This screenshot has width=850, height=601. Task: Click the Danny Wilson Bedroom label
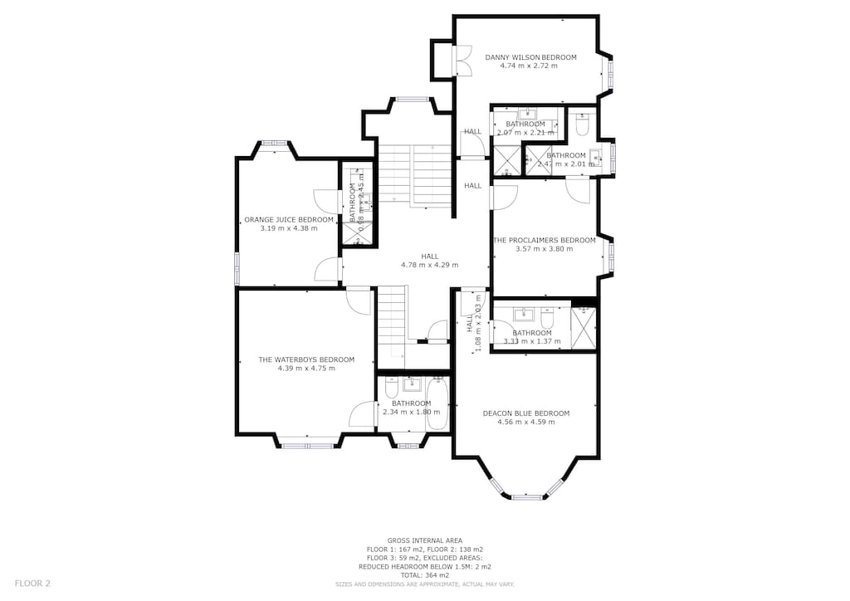(530, 57)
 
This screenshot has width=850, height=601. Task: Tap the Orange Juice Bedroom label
(289, 220)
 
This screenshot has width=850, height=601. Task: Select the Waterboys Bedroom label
(306, 359)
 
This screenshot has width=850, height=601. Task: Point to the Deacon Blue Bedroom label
(526, 413)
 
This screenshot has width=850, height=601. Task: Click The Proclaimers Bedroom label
(545, 240)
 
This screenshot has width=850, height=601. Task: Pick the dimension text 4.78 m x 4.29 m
(429, 265)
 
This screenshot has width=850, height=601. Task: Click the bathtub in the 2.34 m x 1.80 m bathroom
(437, 404)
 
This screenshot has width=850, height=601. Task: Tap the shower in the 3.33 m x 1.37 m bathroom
(584, 328)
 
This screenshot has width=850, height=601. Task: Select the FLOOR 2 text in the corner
(32, 584)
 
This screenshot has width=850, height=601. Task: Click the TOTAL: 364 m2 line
(425, 575)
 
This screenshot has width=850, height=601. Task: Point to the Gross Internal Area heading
(425, 540)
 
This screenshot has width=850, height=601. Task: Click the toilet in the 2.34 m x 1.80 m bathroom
(392, 388)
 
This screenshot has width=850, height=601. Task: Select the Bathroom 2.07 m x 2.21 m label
(525, 125)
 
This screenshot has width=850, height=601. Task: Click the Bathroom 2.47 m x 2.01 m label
(566, 155)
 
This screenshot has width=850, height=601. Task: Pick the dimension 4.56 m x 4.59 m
(526, 422)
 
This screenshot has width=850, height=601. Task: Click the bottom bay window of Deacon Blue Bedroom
(525, 496)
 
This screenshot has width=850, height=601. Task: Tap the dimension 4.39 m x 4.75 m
(306, 368)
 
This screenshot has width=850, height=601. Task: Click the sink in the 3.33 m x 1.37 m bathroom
(523, 315)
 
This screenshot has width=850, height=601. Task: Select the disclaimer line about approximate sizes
(425, 584)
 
